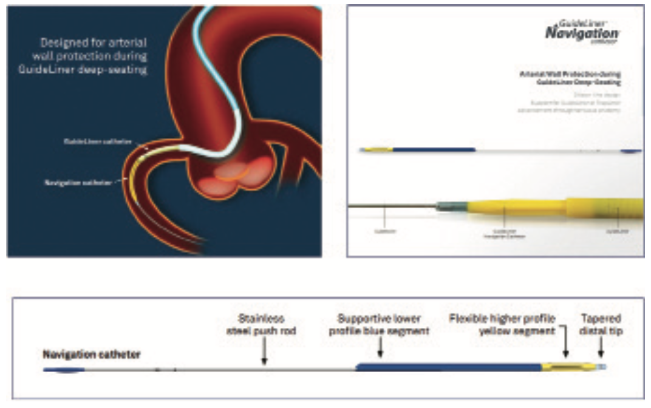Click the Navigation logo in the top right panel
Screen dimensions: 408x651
pos(581,33)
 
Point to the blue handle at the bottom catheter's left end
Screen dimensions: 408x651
pos(63,369)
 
